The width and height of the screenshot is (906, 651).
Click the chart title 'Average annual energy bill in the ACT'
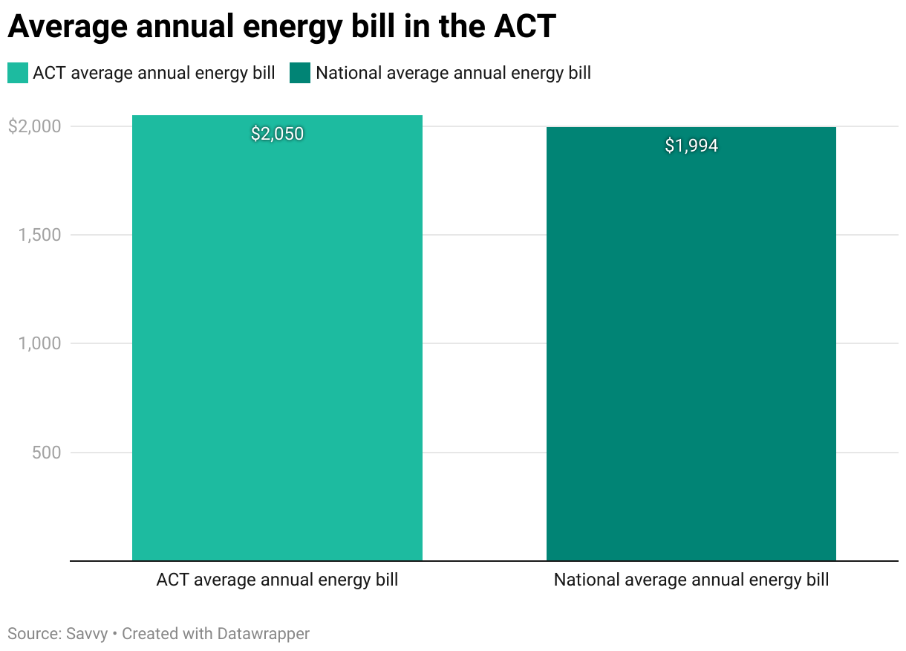(x=281, y=27)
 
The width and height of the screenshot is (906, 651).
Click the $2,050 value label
(x=277, y=134)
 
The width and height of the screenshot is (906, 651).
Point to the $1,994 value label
(x=691, y=146)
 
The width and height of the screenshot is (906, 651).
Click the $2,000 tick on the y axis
(x=33, y=126)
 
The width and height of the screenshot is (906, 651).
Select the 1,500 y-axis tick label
(x=39, y=235)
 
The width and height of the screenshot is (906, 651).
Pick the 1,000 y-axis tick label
(x=39, y=343)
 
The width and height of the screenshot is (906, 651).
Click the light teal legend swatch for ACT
(x=17, y=73)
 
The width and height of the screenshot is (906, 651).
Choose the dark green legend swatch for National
(x=300, y=73)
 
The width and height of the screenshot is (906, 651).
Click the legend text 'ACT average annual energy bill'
(x=154, y=73)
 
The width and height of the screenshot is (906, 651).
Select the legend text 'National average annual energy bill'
(x=453, y=73)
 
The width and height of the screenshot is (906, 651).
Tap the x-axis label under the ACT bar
(x=277, y=580)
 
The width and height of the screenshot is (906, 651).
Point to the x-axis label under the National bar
(x=691, y=580)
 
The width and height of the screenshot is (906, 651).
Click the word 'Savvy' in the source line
(x=85, y=634)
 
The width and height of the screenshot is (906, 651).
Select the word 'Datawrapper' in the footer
(x=263, y=634)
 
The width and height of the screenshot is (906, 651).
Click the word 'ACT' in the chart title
(x=524, y=27)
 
